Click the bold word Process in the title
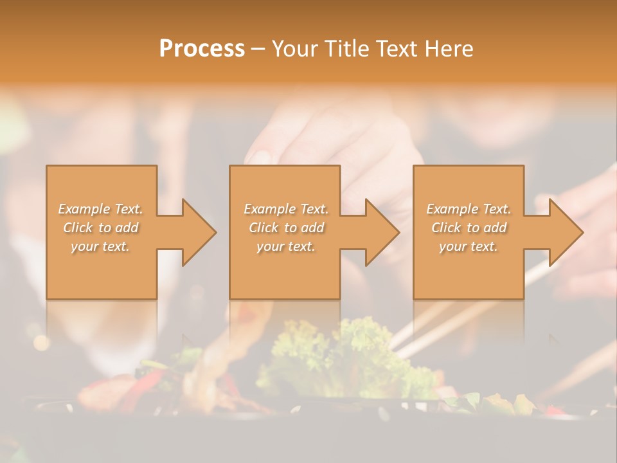tap(202, 49)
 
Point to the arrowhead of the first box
tap(199, 232)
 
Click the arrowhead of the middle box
tap(382, 232)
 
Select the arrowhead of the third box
tap(566, 232)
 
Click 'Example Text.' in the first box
tap(101, 209)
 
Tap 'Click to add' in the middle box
tap(286, 228)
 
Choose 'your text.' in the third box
tap(468, 246)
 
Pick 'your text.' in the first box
tap(100, 246)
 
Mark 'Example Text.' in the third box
tap(469, 209)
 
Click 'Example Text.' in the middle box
tap(286, 209)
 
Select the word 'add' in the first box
tap(127, 228)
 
